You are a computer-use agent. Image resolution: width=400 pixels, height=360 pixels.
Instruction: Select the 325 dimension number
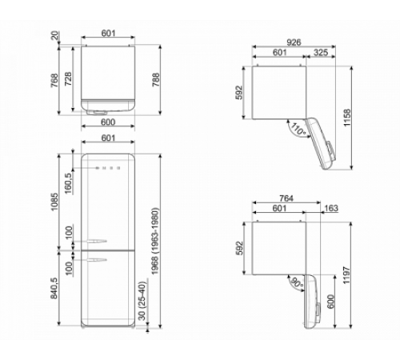pyautogui.click(x=321, y=52)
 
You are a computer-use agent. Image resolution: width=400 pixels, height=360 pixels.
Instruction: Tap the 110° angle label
pyautogui.click(x=298, y=126)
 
